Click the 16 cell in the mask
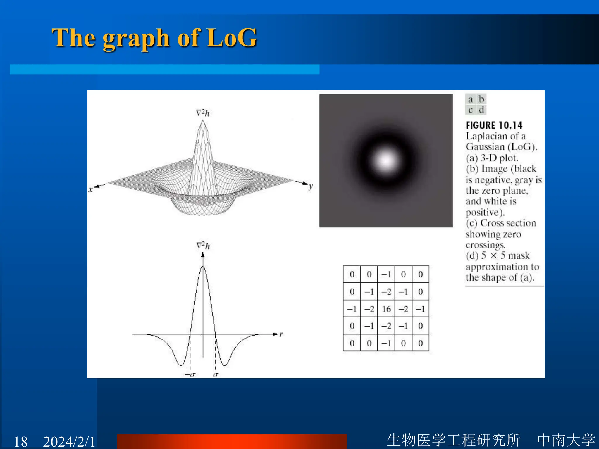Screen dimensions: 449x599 click(x=386, y=309)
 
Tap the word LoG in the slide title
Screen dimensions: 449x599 click(x=231, y=38)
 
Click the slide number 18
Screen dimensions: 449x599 click(x=21, y=441)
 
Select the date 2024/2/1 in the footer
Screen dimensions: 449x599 click(x=69, y=441)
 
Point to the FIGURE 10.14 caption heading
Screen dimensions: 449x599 click(x=494, y=125)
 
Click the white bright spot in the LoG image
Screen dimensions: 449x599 click(x=386, y=160)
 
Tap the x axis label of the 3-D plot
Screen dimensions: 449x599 click(x=91, y=189)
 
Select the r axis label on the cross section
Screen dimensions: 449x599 click(x=281, y=334)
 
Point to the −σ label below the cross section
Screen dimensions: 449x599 click(x=190, y=374)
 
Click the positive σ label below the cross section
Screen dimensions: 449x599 click(x=216, y=374)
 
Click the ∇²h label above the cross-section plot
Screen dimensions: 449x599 click(x=203, y=246)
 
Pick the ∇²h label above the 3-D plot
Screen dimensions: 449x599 click(x=203, y=113)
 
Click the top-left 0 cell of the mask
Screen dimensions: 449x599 click(x=352, y=274)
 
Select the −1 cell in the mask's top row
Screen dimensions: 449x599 click(x=386, y=274)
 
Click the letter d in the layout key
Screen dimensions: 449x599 click(x=481, y=110)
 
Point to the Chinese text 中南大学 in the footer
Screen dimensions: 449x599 click(x=566, y=440)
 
